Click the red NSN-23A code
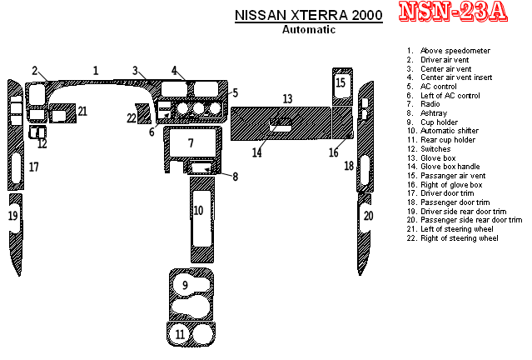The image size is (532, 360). [x=453, y=12]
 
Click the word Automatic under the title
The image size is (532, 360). [x=309, y=29]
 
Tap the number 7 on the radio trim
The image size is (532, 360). [x=191, y=143]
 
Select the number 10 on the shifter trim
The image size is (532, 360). [x=198, y=210]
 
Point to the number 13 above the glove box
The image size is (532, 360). [x=287, y=99]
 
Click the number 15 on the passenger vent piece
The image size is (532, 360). [x=341, y=82]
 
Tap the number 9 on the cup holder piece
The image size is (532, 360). [x=185, y=285]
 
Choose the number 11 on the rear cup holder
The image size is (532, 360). [x=180, y=334]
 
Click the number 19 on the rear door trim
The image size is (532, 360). [x=12, y=216]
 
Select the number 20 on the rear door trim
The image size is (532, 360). [x=369, y=216]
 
